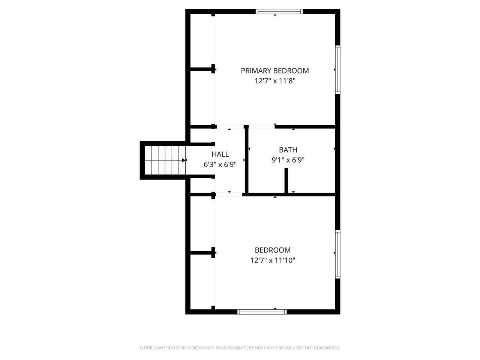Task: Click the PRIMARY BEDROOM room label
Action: point(274,70)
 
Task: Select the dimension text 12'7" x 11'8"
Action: point(274,81)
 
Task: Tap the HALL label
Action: point(220,154)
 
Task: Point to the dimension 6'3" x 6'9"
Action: point(220,164)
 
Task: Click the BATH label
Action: point(288,150)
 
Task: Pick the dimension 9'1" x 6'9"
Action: point(288,160)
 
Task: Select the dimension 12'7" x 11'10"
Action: point(273,260)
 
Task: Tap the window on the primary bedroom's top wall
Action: point(279,12)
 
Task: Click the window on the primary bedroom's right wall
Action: point(337,69)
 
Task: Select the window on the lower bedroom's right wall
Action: point(337,254)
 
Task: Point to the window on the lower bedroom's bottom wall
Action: point(262,312)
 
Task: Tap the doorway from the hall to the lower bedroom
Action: point(229,194)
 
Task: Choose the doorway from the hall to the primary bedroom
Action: point(229,127)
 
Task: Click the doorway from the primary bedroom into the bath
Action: point(261,127)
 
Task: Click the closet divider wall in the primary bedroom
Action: point(202,69)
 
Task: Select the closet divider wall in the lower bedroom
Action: point(202,253)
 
